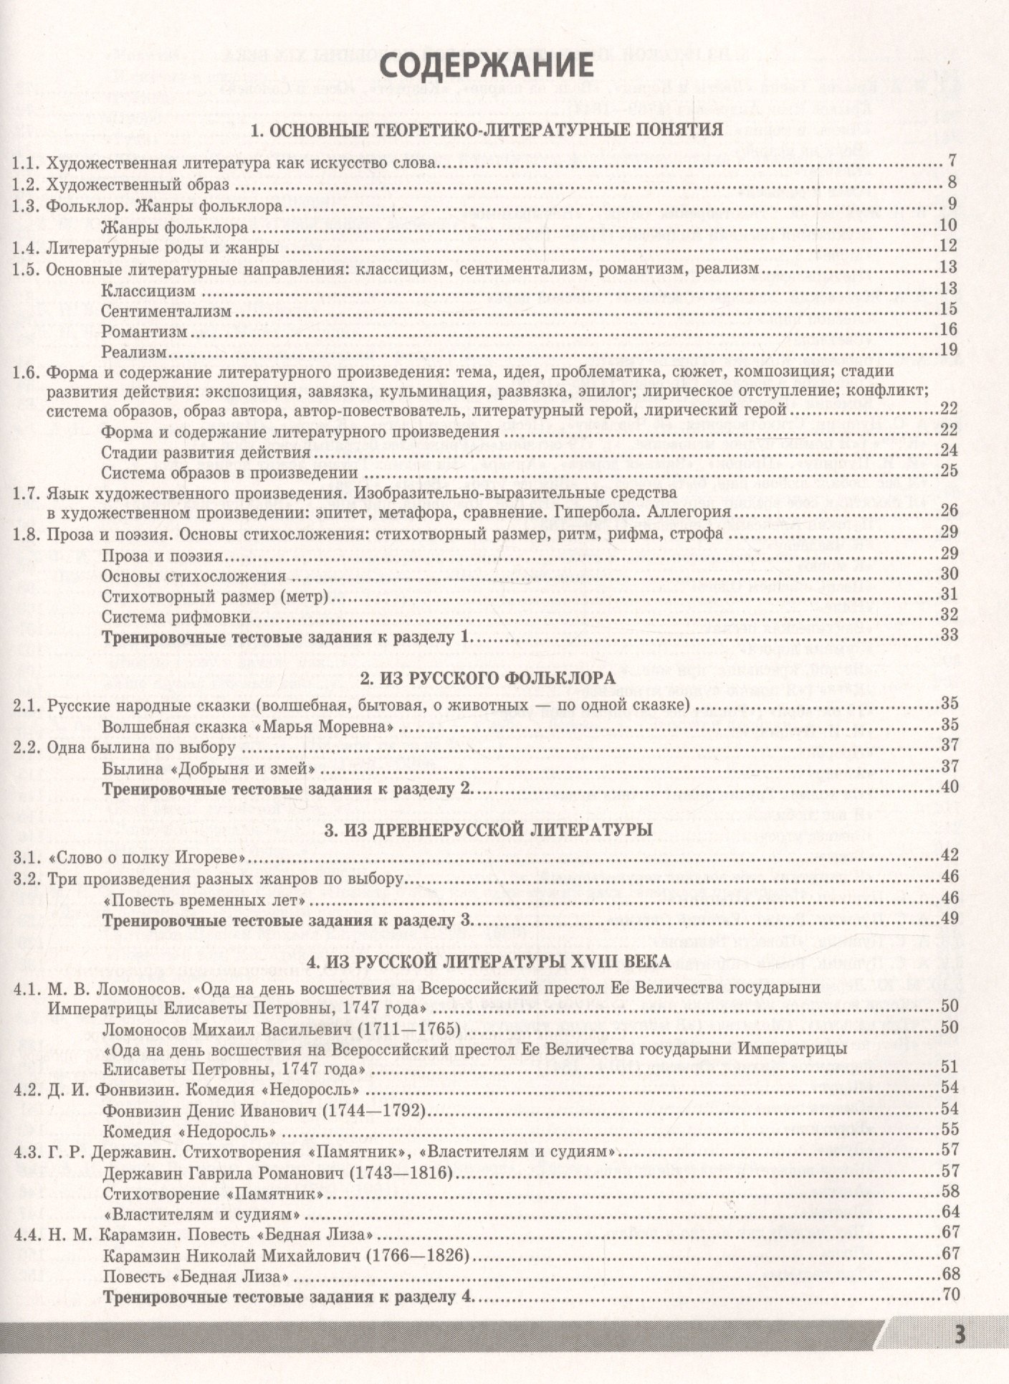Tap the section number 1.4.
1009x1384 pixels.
tap(27, 248)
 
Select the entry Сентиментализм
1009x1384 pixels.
tap(167, 311)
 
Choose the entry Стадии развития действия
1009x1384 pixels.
tap(206, 452)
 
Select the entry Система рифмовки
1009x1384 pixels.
tap(176, 616)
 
